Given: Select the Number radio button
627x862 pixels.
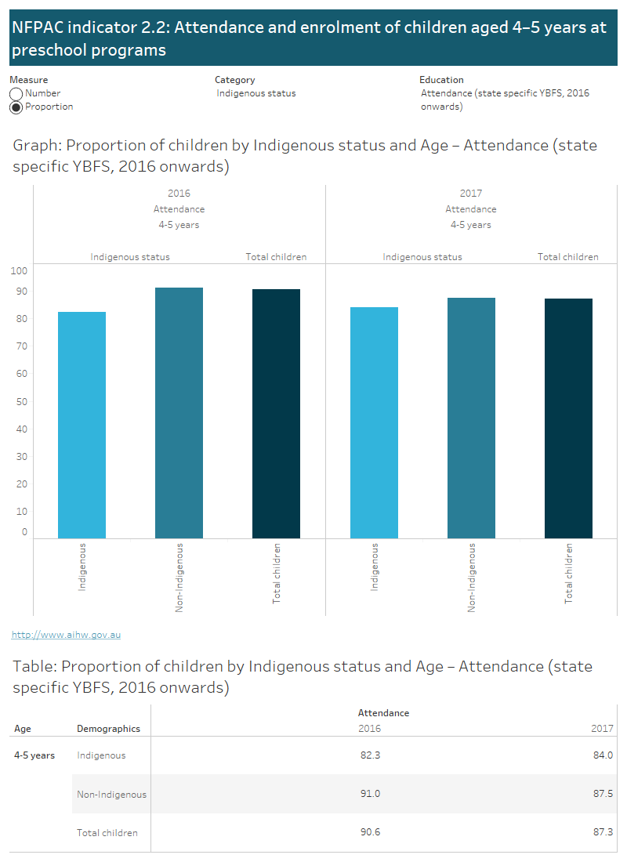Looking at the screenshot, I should point(16,94).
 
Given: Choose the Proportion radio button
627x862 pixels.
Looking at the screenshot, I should point(16,107).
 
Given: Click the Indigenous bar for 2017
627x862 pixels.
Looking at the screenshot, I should point(374,422).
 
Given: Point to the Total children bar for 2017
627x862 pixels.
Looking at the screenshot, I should point(568,418).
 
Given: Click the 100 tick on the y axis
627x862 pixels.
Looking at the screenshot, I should point(20,271).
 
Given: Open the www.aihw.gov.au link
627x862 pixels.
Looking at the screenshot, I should point(67,635).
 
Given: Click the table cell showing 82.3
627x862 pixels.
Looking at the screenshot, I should point(369,755).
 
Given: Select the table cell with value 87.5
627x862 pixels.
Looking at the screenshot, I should point(603,794).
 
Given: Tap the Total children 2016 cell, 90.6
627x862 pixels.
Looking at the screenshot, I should point(369,832).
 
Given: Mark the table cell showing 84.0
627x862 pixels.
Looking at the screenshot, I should point(603,755).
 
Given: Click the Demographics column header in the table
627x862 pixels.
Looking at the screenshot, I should point(108,729).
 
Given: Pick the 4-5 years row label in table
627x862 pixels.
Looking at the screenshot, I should point(34,755).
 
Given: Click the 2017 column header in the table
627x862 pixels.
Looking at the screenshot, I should point(602,729).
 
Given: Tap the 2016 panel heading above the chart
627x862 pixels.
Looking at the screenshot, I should point(179,194).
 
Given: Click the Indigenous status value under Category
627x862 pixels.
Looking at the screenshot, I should point(256,93).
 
